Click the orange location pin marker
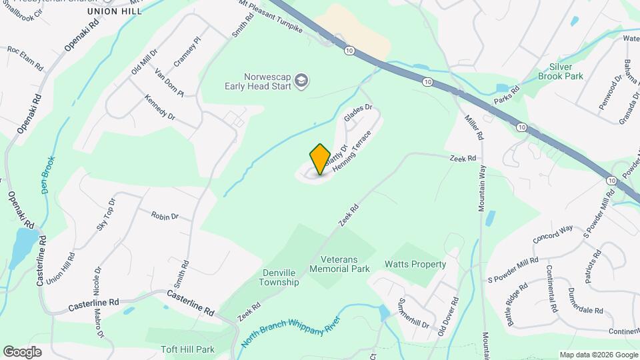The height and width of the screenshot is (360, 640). click(320, 159)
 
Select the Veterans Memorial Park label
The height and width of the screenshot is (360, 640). click(345, 264)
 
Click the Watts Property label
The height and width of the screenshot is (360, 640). click(415, 264)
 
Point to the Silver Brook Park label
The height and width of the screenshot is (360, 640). click(566, 71)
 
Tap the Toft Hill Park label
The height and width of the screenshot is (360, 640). click(187, 349)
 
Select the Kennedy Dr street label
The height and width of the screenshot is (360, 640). click(160, 107)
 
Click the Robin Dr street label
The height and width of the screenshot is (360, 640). click(165, 216)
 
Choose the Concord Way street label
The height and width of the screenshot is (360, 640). click(553, 234)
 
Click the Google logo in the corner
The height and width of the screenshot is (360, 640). click(22, 351)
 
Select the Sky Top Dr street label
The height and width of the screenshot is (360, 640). click(106, 215)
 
